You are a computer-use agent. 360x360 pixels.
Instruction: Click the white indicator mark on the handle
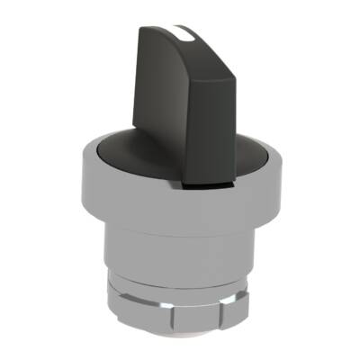(x=186, y=34)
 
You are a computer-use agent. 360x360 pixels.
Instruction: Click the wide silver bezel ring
(x=180, y=205)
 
